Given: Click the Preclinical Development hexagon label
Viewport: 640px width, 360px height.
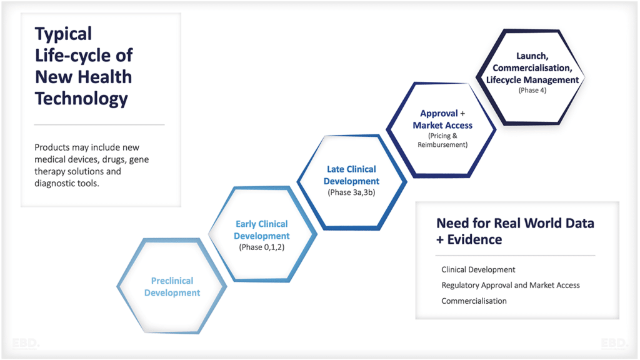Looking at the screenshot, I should coord(172,287).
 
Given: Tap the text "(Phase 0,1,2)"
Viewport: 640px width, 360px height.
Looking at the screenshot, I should coord(261,247).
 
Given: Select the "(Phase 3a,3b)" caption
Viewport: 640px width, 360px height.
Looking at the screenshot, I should coord(351,192).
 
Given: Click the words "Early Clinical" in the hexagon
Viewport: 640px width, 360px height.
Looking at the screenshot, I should coord(261,224).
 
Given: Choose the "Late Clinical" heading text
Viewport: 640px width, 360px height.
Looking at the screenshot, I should coord(351,169).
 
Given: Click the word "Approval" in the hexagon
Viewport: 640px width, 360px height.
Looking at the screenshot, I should coord(439,114).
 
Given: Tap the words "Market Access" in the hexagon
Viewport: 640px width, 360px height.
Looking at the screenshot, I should coord(442,125).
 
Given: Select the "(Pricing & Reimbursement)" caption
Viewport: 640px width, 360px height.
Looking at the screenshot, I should coord(442,140).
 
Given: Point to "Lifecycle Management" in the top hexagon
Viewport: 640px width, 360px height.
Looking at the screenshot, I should coord(532,79).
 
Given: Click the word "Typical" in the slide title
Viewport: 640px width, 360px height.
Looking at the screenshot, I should coord(63,34).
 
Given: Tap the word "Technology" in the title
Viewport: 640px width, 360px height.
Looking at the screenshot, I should coord(81,98).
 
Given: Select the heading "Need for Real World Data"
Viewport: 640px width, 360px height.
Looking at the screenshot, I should coord(515,224).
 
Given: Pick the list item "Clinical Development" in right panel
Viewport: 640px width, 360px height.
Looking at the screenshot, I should coord(478,269).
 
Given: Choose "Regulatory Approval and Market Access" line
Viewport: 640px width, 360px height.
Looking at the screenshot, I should coord(510,285).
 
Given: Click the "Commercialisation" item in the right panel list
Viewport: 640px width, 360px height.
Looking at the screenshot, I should coord(474,301).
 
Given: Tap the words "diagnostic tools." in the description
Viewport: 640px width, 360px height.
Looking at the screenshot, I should coord(67,183).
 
